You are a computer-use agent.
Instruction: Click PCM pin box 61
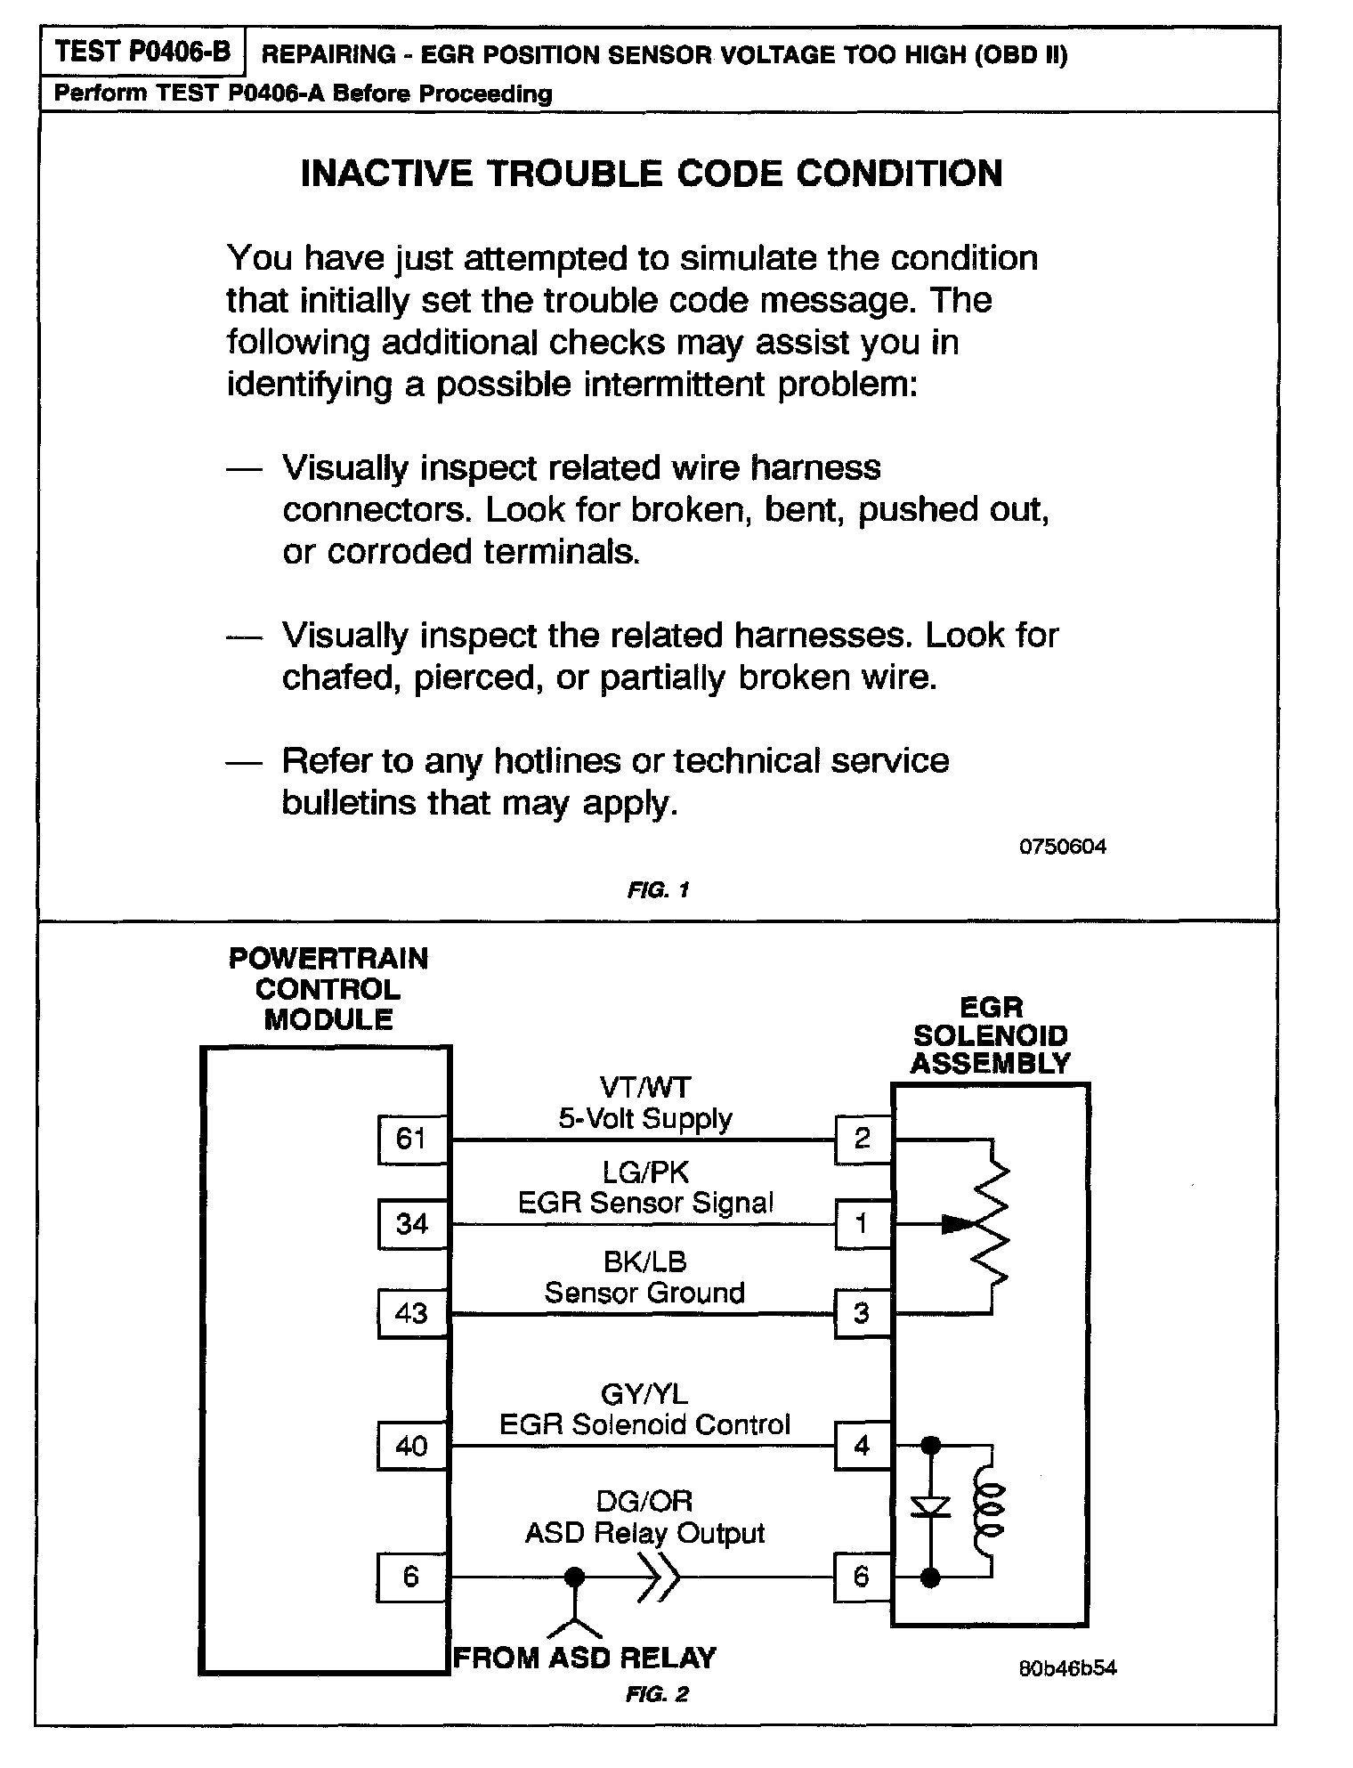[411, 1139]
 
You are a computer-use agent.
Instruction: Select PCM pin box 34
[411, 1224]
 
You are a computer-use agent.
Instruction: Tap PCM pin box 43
[411, 1313]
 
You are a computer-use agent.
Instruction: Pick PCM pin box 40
[411, 1446]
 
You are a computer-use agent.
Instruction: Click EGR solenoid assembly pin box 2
[863, 1139]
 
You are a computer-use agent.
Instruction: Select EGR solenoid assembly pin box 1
[863, 1224]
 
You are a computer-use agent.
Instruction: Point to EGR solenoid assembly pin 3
[863, 1313]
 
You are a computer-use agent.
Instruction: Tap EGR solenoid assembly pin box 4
[863, 1446]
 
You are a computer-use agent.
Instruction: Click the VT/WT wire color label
[645, 1088]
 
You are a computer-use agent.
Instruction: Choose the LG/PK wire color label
[645, 1172]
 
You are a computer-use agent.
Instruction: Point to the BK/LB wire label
[645, 1261]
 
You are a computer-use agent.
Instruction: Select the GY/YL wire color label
[645, 1393]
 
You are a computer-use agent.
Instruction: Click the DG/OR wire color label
[645, 1502]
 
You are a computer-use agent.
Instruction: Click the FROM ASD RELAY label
[585, 1658]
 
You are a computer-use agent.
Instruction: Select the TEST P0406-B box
[142, 53]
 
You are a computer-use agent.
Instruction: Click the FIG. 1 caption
[658, 890]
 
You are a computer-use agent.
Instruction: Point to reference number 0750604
[1062, 847]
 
